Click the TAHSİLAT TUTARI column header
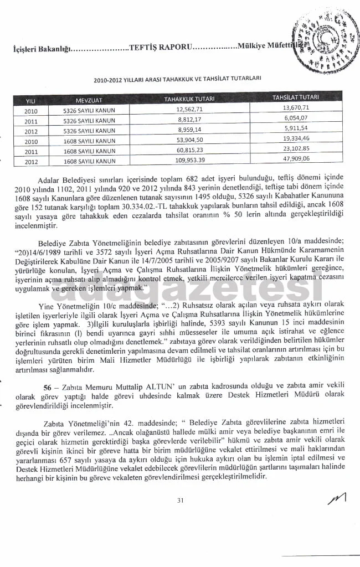(295, 97)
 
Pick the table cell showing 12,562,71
(189, 110)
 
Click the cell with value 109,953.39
(190, 161)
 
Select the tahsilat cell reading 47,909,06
(295, 159)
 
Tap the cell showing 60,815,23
(189, 151)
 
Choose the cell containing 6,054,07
(295, 118)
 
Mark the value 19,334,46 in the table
(295, 139)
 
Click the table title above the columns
(177, 79)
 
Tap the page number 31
(180, 501)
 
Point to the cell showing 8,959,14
(189, 130)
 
